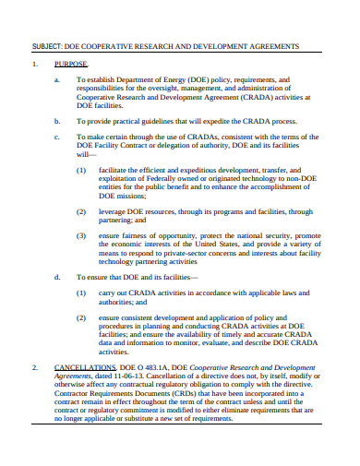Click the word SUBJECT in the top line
47,44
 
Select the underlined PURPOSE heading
71,66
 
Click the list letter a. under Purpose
57,80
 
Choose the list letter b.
57,120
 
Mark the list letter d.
57,276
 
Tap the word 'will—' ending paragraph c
86,155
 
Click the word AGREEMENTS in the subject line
264,44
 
